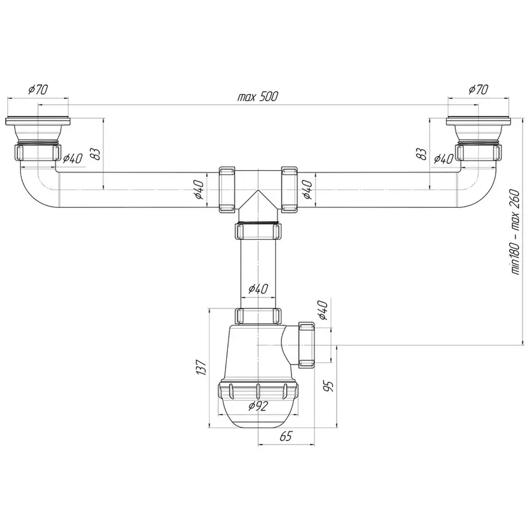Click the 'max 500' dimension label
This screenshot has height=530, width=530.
click(257, 97)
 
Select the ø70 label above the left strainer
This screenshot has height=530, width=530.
click(38, 90)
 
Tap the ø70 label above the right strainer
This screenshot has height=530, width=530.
click(478, 90)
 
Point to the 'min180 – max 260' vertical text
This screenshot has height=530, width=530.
click(515, 231)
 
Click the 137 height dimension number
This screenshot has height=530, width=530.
click(201, 367)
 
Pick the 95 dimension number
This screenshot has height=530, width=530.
click(329, 386)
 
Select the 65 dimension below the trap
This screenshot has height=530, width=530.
click(286, 436)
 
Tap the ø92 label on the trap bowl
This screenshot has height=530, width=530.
click(258, 406)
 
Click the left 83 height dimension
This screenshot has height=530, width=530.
click(97, 154)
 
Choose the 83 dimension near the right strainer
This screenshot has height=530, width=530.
click(422, 154)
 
